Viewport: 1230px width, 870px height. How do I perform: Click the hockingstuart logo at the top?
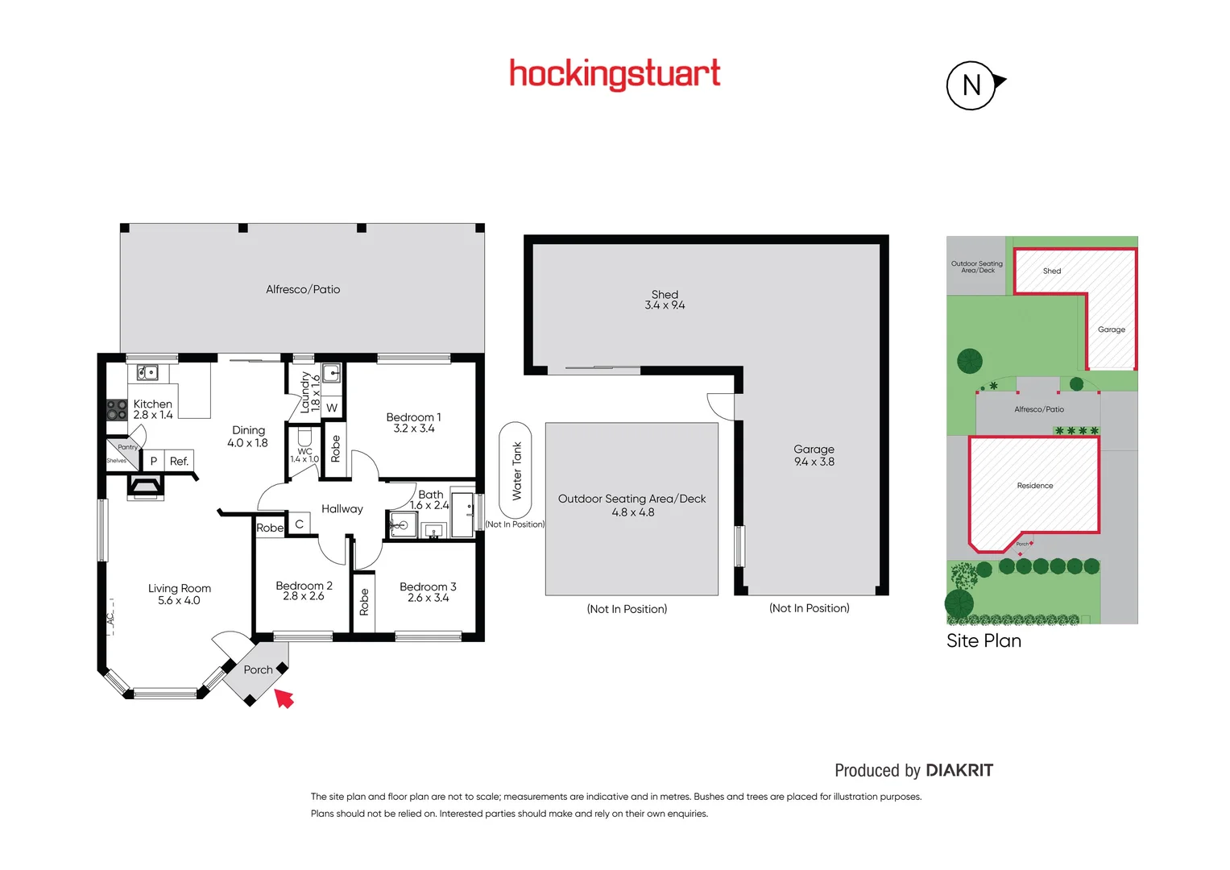click(615, 74)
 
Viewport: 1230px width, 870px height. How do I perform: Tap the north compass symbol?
click(972, 85)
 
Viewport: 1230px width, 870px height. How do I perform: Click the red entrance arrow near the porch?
click(284, 698)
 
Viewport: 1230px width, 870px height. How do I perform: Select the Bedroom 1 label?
click(413, 417)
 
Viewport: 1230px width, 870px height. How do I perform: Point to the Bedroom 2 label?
click(304, 586)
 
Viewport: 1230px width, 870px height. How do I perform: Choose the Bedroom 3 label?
click(428, 586)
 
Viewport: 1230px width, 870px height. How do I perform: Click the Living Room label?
click(180, 588)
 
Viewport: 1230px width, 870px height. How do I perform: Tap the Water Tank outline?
click(516, 471)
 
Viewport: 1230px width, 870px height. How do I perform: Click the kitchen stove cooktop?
click(117, 410)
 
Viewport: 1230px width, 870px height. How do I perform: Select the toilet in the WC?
click(304, 437)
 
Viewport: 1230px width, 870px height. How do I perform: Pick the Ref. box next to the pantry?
click(179, 461)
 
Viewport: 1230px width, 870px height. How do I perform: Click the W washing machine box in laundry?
click(332, 408)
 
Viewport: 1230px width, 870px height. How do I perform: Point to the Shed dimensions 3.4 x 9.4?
click(665, 305)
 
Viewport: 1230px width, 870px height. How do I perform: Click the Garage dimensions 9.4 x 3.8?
click(814, 462)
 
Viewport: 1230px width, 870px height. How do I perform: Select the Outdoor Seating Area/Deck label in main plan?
click(632, 499)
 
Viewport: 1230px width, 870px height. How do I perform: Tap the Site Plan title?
click(984, 640)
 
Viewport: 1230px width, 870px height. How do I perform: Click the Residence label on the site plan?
click(1035, 486)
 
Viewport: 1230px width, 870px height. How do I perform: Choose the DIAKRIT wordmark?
click(959, 770)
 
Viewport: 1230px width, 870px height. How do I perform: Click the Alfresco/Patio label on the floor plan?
click(303, 289)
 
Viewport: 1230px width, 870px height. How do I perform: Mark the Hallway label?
click(342, 508)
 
